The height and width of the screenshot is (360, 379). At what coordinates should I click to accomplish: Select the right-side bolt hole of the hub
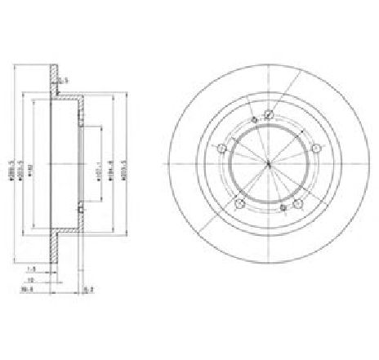[x=316, y=148]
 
